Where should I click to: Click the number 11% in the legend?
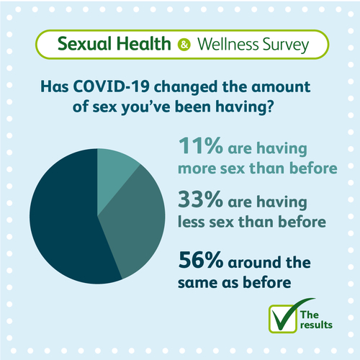tap(201, 145)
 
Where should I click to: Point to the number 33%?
tap(200, 199)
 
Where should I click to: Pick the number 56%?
tap(201, 260)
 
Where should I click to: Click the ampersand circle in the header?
tap(184, 45)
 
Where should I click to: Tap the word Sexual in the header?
tap(85, 44)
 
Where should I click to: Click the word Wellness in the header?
tap(228, 45)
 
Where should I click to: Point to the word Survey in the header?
tap(286, 45)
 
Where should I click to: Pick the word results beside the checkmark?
tap(316, 325)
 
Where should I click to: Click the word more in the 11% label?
tap(197, 168)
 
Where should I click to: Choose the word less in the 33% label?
tap(192, 222)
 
